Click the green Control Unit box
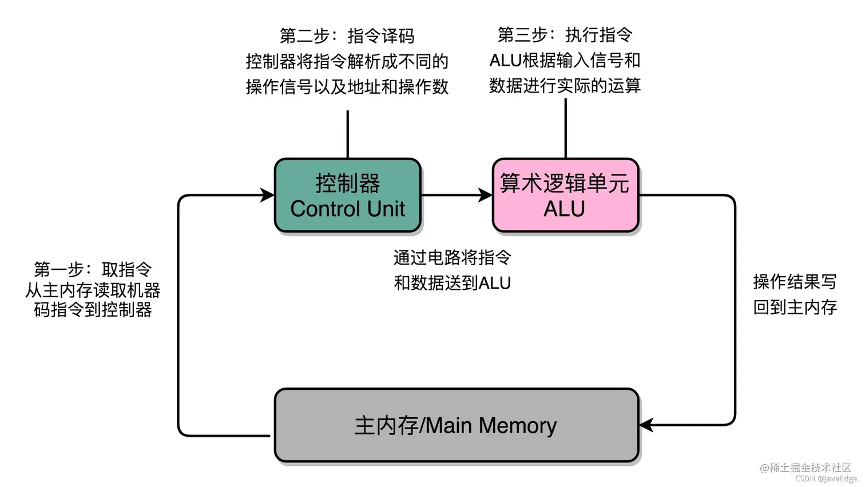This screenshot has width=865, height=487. (348, 195)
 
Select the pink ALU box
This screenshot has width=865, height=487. (566, 195)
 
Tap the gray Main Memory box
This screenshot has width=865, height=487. (457, 425)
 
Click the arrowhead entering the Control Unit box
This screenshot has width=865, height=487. (267, 195)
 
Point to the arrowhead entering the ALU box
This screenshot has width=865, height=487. (485, 195)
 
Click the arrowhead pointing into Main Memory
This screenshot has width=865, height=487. (646, 425)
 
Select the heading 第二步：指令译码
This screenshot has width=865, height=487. (347, 36)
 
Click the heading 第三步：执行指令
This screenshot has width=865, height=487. (565, 35)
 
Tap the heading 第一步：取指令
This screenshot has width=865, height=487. (93, 269)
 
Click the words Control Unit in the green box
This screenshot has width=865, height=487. (348, 209)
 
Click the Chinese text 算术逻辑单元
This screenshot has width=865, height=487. (565, 183)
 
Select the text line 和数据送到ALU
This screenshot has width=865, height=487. (452, 283)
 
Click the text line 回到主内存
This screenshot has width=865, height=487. (795, 308)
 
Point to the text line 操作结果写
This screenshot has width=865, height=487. (795, 282)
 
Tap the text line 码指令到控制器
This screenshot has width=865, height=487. (93, 309)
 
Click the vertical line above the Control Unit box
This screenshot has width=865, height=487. (348, 134)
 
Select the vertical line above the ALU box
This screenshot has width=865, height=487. (566, 128)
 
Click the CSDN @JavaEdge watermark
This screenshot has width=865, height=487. (827, 478)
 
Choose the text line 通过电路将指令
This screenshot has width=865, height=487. (452, 257)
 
